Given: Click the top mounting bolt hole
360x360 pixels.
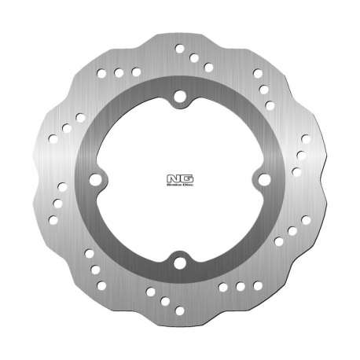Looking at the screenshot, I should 180,97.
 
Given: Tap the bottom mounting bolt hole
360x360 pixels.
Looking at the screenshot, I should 180,263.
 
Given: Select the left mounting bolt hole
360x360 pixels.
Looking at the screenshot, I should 97,180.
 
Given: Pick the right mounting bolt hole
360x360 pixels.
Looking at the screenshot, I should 263,180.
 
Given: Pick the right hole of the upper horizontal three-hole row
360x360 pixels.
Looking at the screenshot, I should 135,73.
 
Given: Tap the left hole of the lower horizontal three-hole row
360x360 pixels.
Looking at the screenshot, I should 225,287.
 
